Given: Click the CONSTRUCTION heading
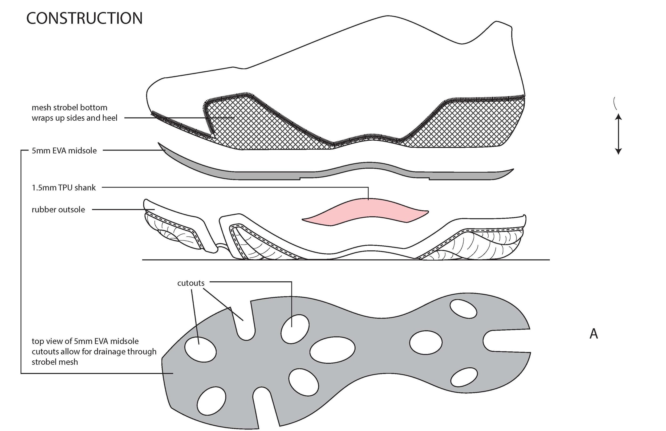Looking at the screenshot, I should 84,18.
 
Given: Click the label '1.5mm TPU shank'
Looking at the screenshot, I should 64,188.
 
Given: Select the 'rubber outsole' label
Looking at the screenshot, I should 58,210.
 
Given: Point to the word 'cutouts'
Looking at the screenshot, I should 191,283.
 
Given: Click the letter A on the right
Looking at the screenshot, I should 594,334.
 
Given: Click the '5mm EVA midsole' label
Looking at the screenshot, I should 64,151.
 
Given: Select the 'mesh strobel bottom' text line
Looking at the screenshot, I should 70,107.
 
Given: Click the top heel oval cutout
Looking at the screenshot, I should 463,309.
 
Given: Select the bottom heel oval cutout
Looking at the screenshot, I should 464,377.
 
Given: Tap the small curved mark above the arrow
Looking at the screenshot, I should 614,103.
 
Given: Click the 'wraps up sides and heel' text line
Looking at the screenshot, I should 74,118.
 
